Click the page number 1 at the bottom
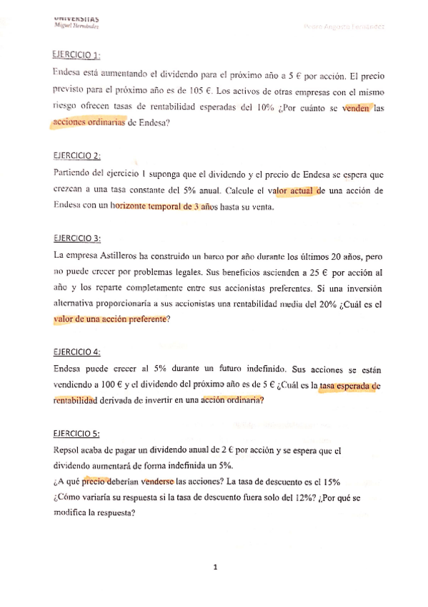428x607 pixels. click(214, 568)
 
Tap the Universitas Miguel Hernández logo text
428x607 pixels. click(76, 22)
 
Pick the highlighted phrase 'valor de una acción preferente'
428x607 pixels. click(111, 321)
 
